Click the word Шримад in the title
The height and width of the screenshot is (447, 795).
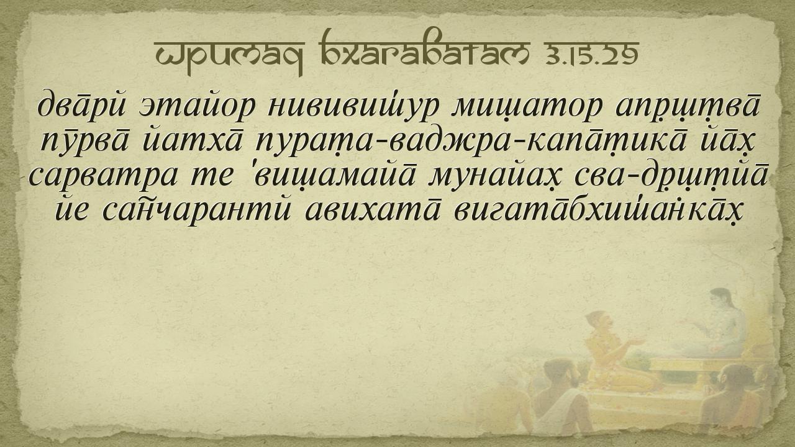point(230,56)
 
